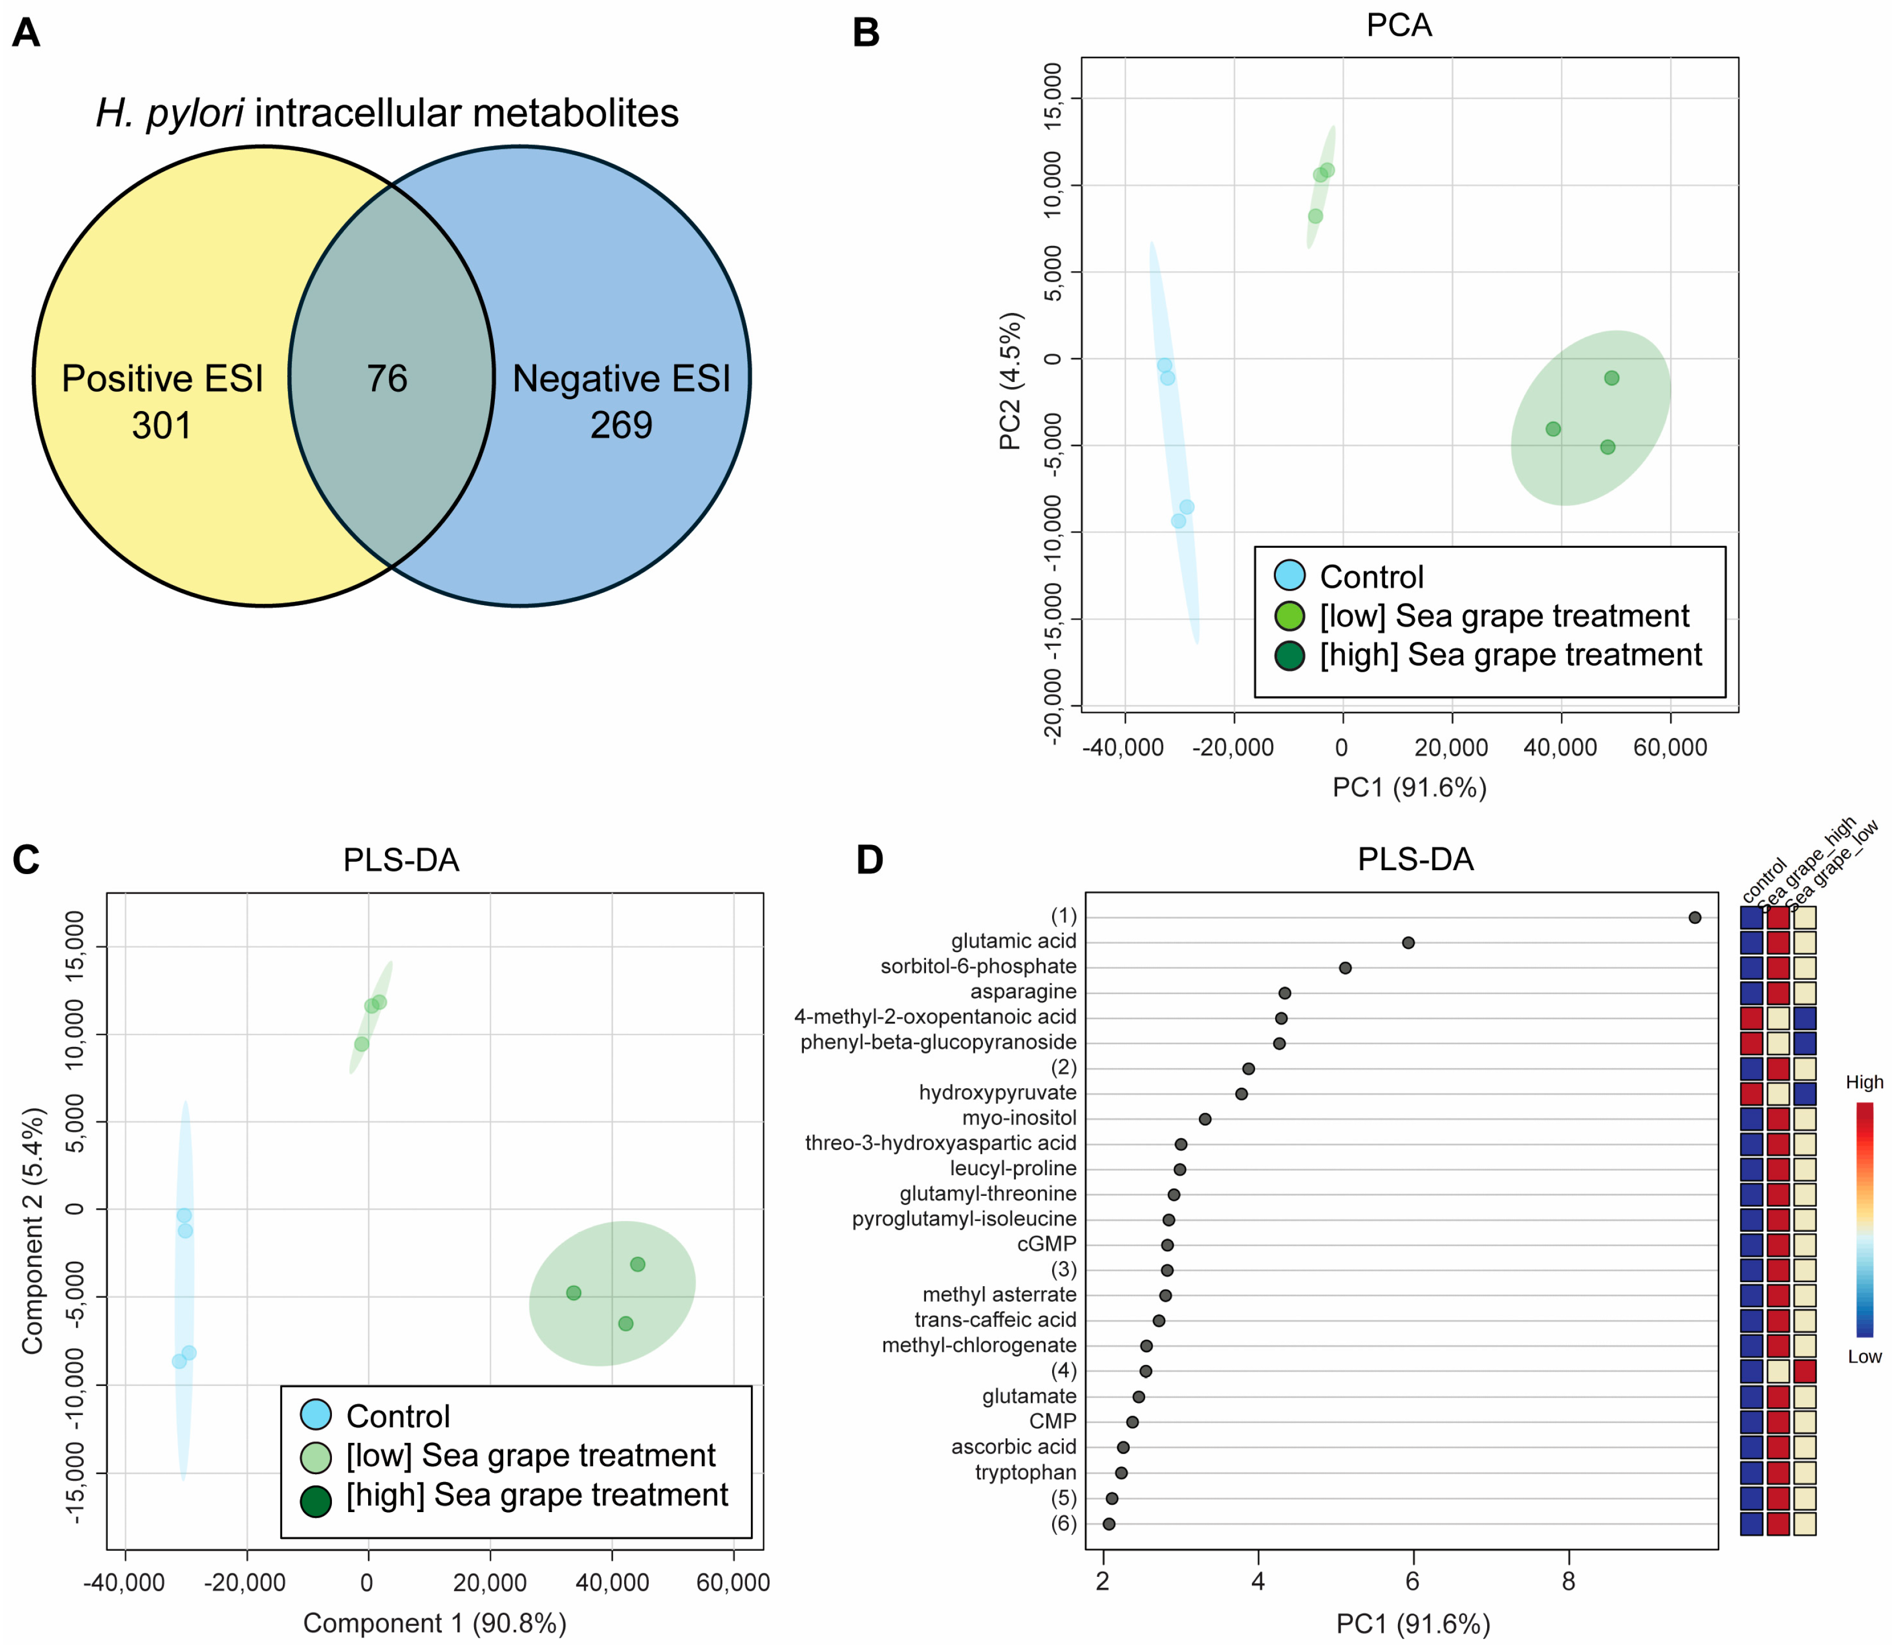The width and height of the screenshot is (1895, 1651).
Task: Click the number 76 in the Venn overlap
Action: (387, 379)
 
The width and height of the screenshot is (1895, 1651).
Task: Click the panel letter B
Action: (866, 33)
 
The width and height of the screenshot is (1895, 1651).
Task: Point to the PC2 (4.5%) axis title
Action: (1011, 380)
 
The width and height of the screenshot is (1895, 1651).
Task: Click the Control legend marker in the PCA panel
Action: (1290, 576)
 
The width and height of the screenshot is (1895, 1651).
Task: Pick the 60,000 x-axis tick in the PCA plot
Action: (1670, 747)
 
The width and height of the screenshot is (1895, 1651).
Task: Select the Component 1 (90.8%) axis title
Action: (435, 1623)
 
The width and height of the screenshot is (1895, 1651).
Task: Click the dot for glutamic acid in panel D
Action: (1407, 943)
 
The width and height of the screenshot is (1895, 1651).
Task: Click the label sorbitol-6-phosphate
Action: (978, 967)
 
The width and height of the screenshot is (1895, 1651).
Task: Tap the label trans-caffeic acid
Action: (995, 1320)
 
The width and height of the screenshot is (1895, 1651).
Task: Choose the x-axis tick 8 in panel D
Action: (1568, 1583)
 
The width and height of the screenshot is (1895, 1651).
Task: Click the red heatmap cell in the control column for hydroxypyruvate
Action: (1751, 1094)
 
